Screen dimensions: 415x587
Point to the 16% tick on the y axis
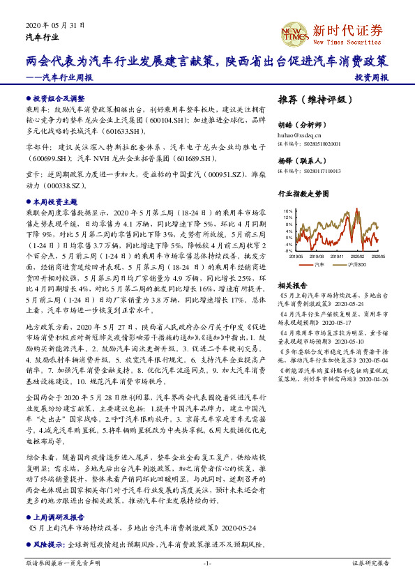[x=287, y=211]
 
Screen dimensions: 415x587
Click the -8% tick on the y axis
[x=288, y=250]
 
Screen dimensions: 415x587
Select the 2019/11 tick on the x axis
[x=340, y=256]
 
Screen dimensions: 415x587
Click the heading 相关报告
[x=291, y=286]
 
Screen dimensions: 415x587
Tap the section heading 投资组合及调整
[x=58, y=99]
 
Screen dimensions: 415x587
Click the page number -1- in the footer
[x=207, y=562]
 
